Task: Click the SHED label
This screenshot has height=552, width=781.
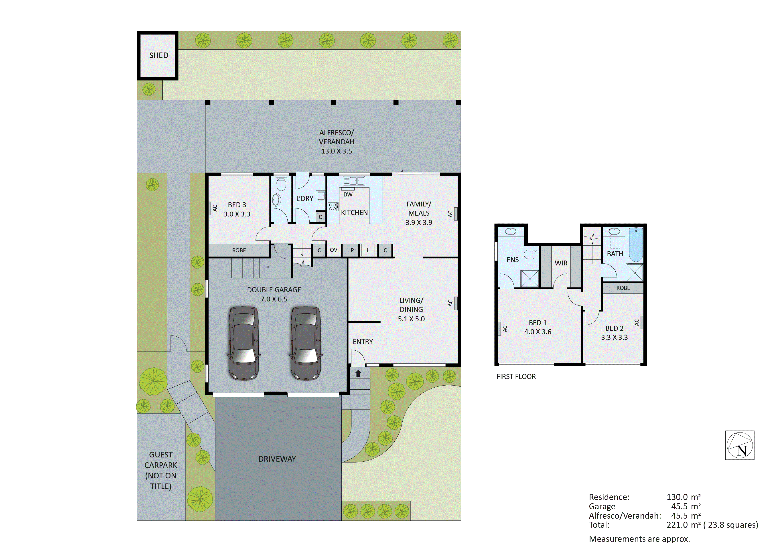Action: click(158, 55)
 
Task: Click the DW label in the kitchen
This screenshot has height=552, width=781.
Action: click(348, 194)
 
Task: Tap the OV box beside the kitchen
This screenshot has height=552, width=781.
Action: click(333, 250)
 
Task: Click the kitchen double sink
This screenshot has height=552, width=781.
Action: click(354, 181)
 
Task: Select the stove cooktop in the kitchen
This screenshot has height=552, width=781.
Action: click(333, 206)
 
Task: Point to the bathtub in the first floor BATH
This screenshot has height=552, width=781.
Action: click(635, 245)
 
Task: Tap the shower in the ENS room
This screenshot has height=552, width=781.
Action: click(530, 278)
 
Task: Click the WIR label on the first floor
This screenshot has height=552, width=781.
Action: click(561, 263)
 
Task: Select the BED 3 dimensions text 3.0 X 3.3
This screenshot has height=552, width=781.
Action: click(237, 214)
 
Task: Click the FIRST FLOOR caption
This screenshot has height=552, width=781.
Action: click(516, 376)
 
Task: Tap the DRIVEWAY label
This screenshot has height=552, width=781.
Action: click(277, 459)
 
